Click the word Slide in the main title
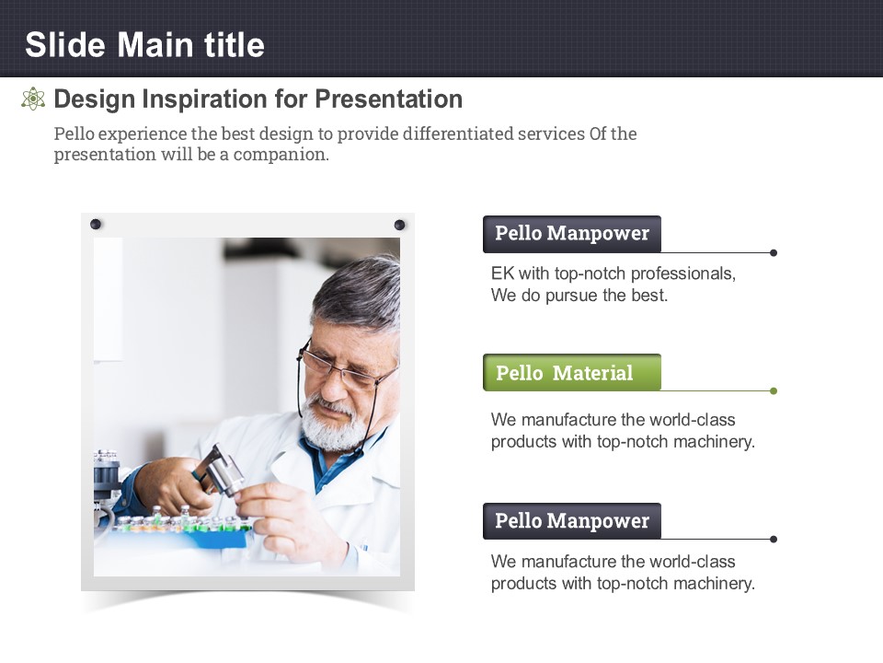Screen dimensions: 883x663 click(x=65, y=44)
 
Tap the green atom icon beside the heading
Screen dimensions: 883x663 click(x=33, y=99)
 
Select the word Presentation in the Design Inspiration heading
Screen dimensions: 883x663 click(x=388, y=99)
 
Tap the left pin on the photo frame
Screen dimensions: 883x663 click(x=96, y=224)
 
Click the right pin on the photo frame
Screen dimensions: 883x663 click(x=400, y=225)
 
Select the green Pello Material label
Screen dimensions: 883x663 click(x=571, y=373)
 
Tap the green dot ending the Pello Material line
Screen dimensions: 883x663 click(x=774, y=390)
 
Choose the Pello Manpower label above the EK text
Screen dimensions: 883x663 click(x=571, y=233)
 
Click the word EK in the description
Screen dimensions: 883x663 click(x=502, y=273)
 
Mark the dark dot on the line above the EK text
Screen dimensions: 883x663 click(x=774, y=252)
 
